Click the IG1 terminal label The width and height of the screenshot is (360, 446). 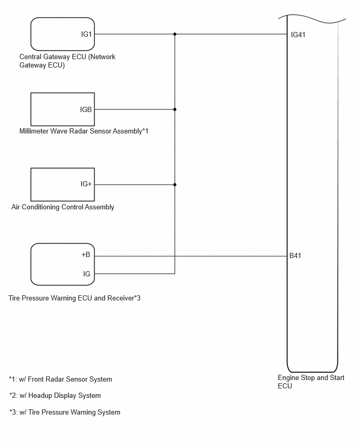coord(86,34)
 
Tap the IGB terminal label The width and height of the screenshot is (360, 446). coord(86,109)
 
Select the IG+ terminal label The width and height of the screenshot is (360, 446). coord(86,184)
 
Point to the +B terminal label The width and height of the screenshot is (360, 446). coord(86,254)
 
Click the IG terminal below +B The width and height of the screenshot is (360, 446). coord(87,274)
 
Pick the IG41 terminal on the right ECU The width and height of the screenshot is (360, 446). coord(298,35)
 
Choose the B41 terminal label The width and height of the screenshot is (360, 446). coord(295,255)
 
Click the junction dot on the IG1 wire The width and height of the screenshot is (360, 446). coord(175,34)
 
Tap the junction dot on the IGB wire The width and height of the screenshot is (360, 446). coord(175,109)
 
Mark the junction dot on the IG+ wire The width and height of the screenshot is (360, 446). coord(175,185)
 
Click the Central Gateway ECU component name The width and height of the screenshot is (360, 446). coord(67,61)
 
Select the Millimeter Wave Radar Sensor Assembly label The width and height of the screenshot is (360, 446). coord(84,131)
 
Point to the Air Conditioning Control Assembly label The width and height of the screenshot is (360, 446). coord(63,207)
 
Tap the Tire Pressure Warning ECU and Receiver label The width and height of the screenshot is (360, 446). coord(74,298)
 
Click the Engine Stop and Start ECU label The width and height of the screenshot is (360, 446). coord(311,382)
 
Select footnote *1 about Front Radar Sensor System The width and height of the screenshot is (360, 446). coord(61,379)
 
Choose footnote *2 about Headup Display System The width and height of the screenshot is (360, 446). coord(55,395)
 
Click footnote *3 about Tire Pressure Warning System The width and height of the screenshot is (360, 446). coord(65,412)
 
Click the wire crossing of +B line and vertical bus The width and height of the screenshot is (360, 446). coord(175,256)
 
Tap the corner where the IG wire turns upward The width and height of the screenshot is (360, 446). coord(175,274)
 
